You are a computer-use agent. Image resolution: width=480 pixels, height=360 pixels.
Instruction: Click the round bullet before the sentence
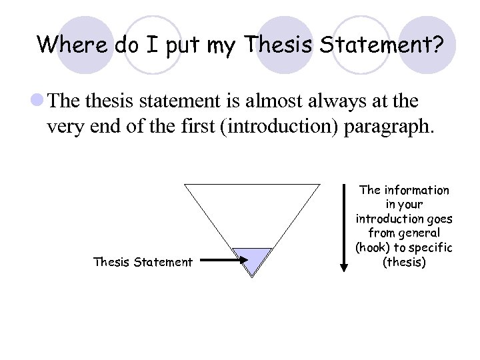[37, 101]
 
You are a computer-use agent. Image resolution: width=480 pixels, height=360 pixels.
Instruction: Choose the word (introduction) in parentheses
[283, 127]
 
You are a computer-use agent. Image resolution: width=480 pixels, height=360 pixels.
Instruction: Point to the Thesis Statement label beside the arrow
[143, 262]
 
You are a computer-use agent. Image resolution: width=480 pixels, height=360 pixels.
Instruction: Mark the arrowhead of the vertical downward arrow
[344, 267]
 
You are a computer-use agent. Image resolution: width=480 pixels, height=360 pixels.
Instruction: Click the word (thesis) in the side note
[404, 262]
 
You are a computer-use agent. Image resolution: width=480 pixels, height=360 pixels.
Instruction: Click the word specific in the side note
[429, 248]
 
